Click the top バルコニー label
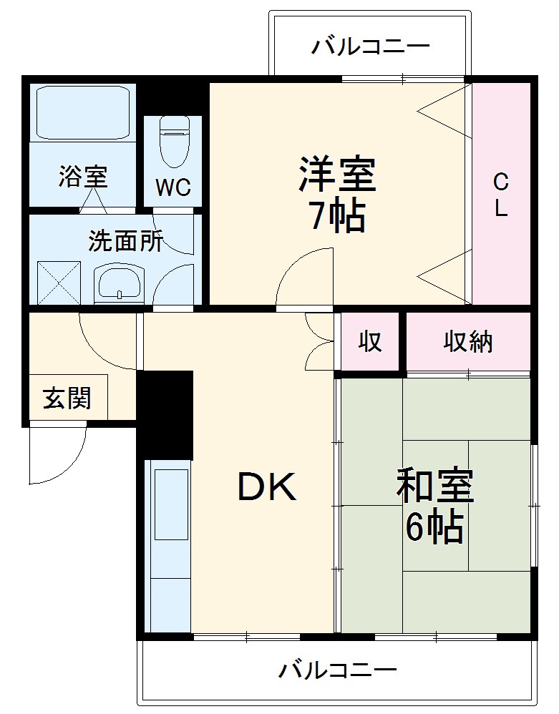pyautogui.click(x=370, y=47)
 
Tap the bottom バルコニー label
pyautogui.click(x=337, y=671)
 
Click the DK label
pyautogui.click(x=266, y=489)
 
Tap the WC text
pyautogui.click(x=173, y=188)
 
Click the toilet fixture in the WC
pyautogui.click(x=172, y=140)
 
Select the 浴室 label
pyautogui.click(x=83, y=175)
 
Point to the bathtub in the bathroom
pyautogui.click(x=83, y=112)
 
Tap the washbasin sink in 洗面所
pyautogui.click(x=120, y=283)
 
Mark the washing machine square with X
pyautogui.click(x=59, y=283)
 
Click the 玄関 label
pyautogui.click(x=67, y=398)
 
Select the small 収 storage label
pyautogui.click(x=370, y=343)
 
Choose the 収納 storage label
pyautogui.click(x=468, y=343)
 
